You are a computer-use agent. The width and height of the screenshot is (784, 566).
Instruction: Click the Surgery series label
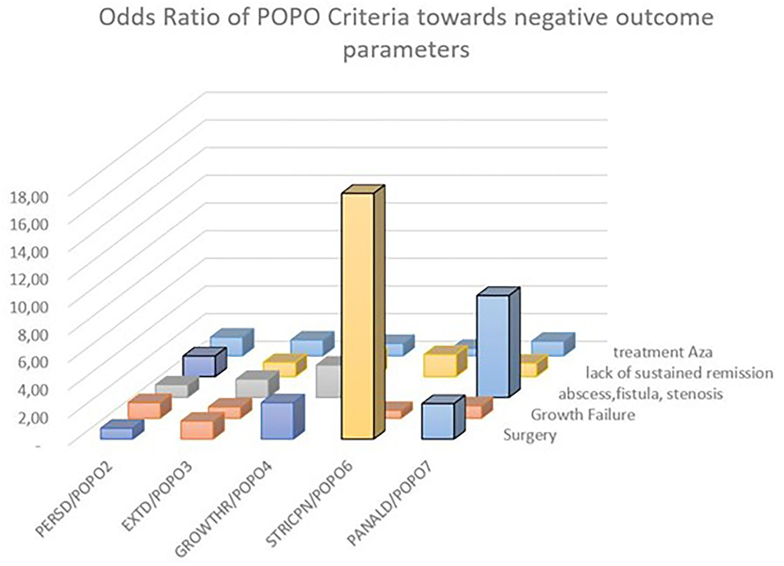530,435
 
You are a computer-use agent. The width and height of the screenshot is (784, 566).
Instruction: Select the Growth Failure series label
583,415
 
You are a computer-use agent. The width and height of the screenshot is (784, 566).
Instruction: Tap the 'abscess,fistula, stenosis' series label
640,394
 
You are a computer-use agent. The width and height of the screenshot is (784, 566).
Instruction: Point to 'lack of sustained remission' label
679,373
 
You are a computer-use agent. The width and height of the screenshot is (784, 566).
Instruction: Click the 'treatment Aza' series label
663,352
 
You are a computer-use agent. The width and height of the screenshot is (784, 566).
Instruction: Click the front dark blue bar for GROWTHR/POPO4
277,421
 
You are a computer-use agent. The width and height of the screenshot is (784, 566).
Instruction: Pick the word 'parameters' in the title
406,50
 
